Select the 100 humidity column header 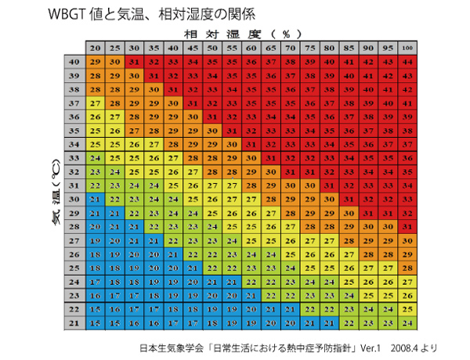pyautogui.click(x=407, y=49)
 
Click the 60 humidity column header pyautogui.click(x=251, y=49)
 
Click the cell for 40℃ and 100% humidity pyautogui.click(x=407, y=62)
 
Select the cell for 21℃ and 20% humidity pyautogui.click(x=95, y=322)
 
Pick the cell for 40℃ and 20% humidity pyautogui.click(x=95, y=62)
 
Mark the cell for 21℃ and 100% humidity pyautogui.click(x=407, y=322)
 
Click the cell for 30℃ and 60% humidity pyautogui.click(x=251, y=199)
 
